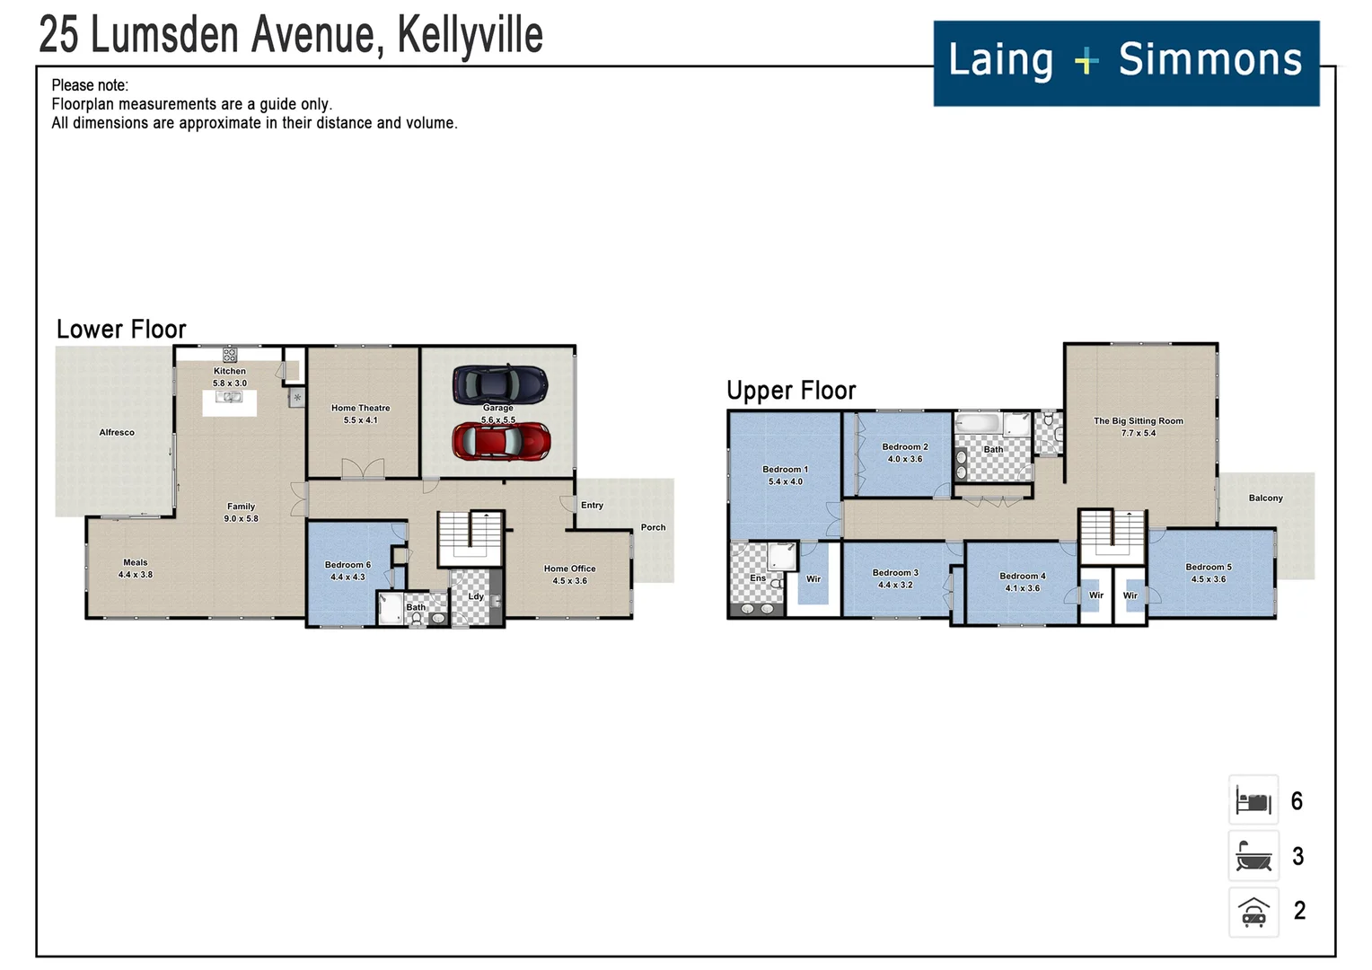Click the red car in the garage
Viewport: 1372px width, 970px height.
[x=501, y=442]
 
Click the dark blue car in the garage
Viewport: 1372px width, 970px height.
[x=499, y=384]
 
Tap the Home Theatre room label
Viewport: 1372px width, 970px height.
[x=360, y=408]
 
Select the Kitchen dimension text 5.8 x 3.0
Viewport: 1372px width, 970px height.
[x=230, y=384]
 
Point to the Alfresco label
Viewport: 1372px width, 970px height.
[x=117, y=432]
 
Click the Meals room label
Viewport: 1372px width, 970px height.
[x=136, y=562]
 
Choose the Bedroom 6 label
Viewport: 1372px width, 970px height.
[x=347, y=565]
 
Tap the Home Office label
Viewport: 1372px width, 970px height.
[x=569, y=569]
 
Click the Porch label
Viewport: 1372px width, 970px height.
[x=653, y=527]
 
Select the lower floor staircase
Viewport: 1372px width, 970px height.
[x=470, y=539]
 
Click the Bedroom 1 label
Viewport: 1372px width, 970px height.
[x=785, y=469]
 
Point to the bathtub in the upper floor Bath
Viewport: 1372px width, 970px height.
[x=978, y=423]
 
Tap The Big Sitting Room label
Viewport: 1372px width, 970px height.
[x=1138, y=420]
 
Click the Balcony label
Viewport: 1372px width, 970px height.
[x=1265, y=498]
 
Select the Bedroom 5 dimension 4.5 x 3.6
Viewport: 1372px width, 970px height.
[x=1208, y=579]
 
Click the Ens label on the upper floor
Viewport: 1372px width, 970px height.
[x=758, y=578]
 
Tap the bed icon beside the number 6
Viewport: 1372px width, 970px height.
[x=1253, y=800]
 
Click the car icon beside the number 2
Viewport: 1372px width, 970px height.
[x=1253, y=912]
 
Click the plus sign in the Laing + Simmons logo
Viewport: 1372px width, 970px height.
[x=1086, y=61]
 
